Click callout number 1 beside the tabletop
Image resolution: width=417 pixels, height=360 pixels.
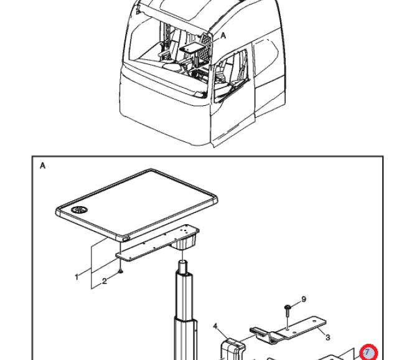point(77,275)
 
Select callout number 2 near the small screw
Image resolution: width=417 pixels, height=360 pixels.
point(104,282)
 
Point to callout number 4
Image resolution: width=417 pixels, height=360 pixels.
point(215,325)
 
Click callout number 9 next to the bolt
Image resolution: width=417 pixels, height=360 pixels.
point(304,299)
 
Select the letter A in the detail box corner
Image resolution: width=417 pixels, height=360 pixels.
point(43,166)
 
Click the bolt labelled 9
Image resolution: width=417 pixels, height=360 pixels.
point(287,308)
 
